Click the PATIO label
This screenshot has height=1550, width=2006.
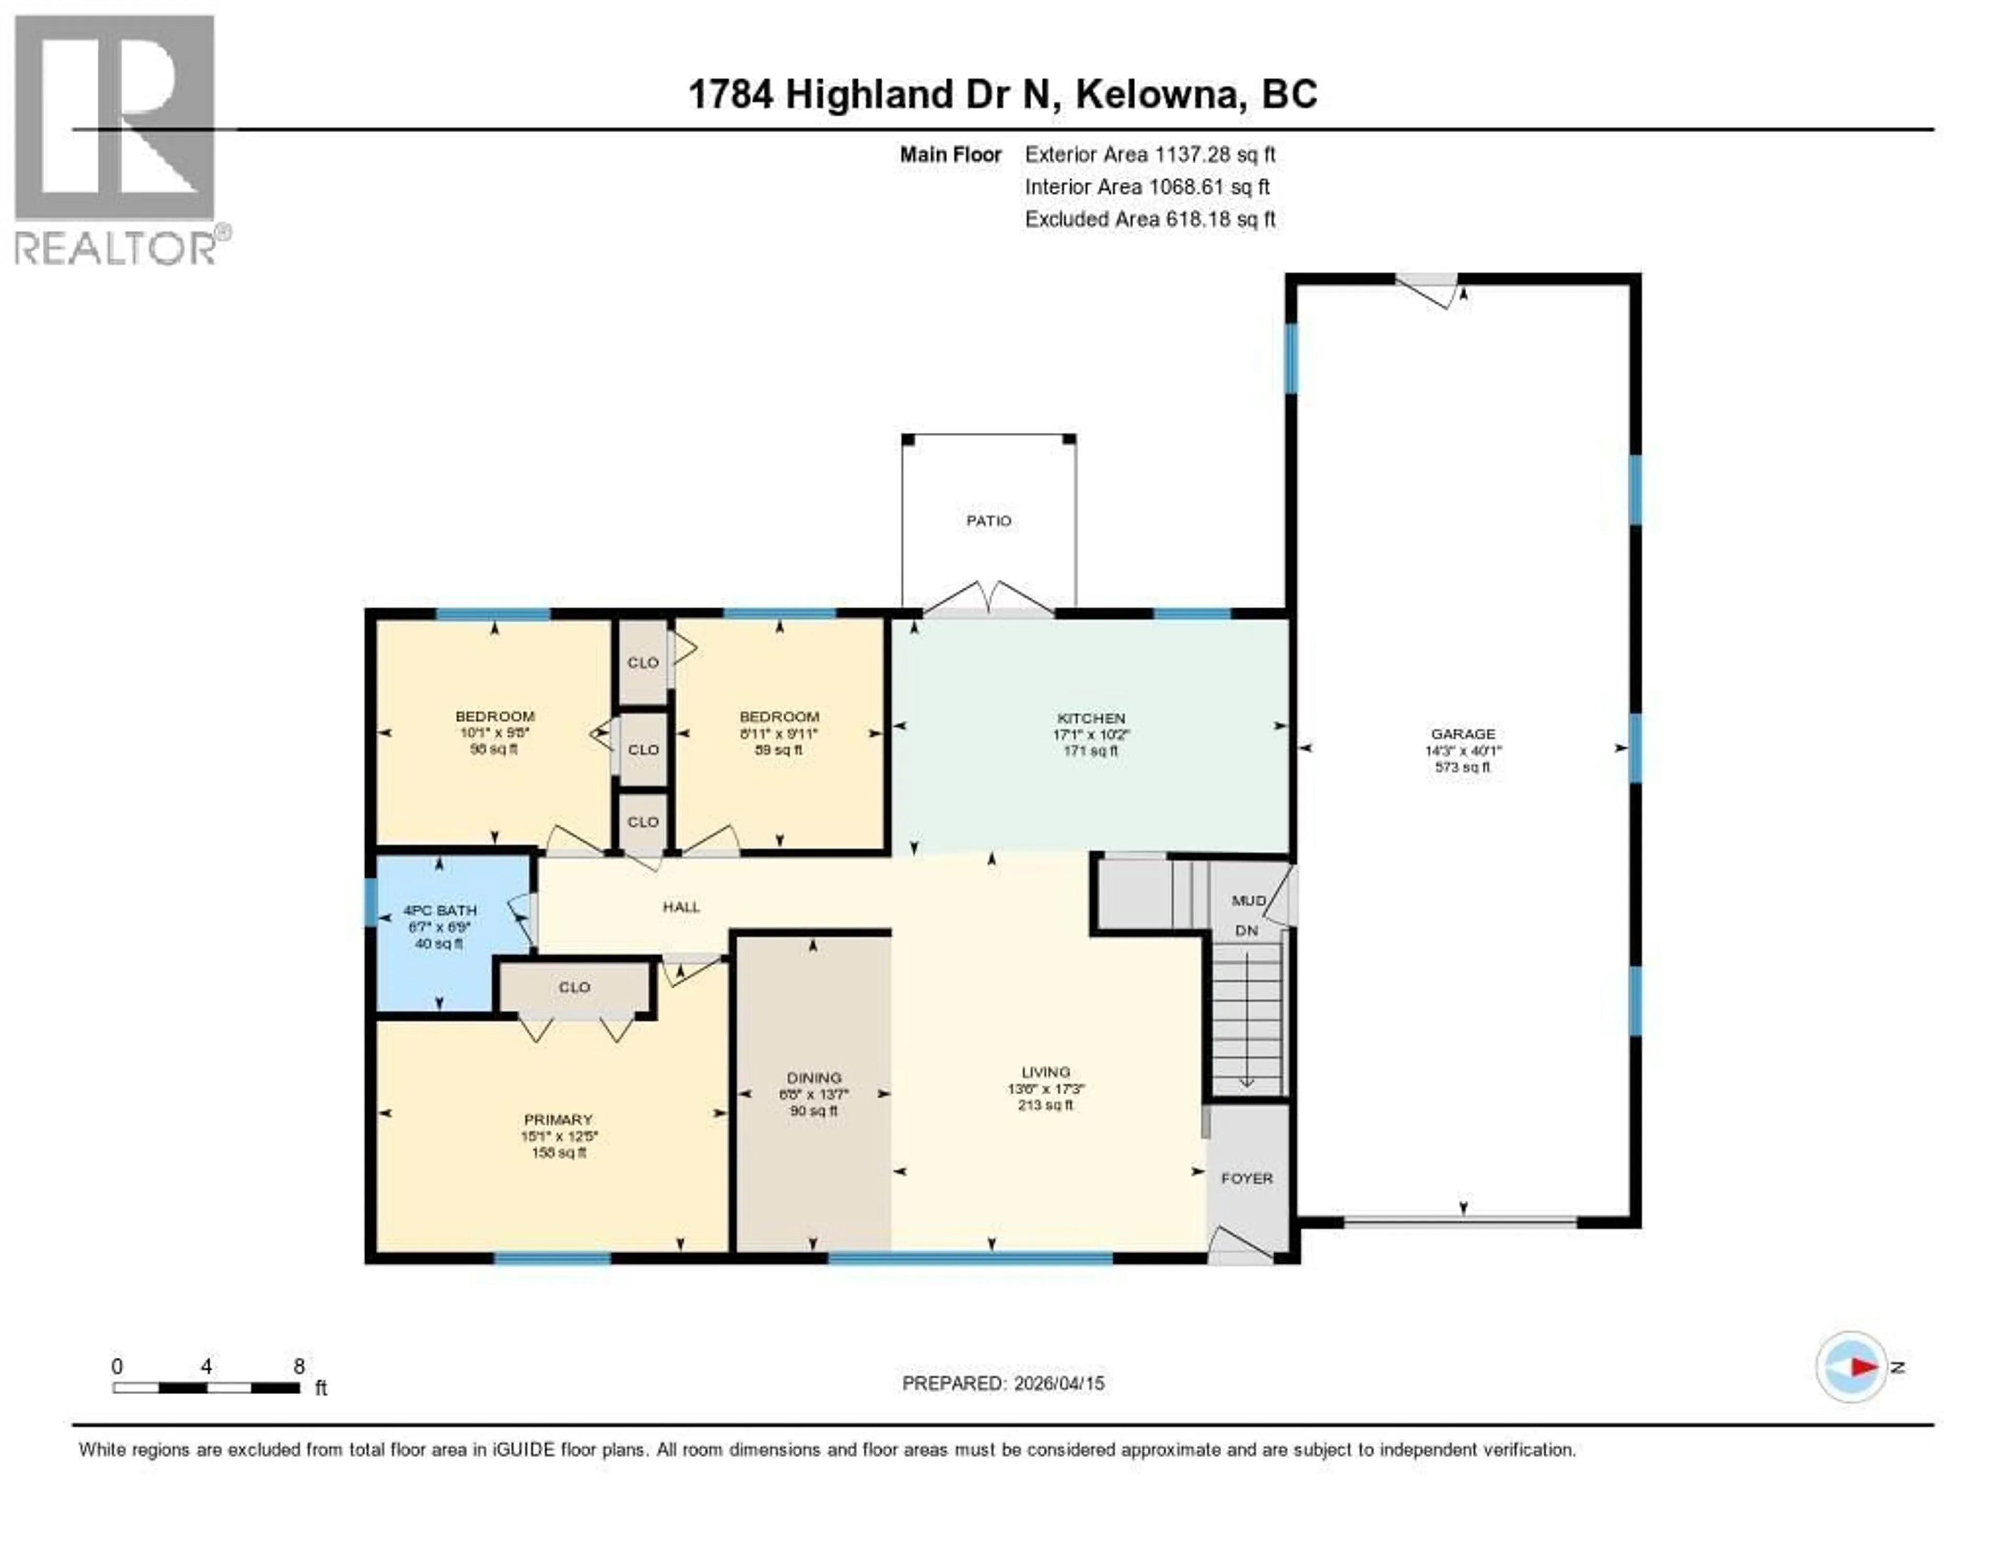[988, 521]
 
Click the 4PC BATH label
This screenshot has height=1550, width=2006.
[440, 910]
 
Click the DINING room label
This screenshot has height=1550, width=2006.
[814, 1078]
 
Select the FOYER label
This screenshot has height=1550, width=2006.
[1246, 1178]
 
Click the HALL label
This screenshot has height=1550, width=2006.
[682, 907]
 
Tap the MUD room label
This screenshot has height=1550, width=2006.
[1247, 900]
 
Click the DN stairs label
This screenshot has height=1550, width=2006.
[1246, 931]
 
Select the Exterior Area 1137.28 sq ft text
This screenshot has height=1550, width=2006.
[1150, 154]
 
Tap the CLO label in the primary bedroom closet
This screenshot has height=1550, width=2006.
[574, 988]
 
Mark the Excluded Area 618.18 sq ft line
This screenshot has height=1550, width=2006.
[1150, 218]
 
